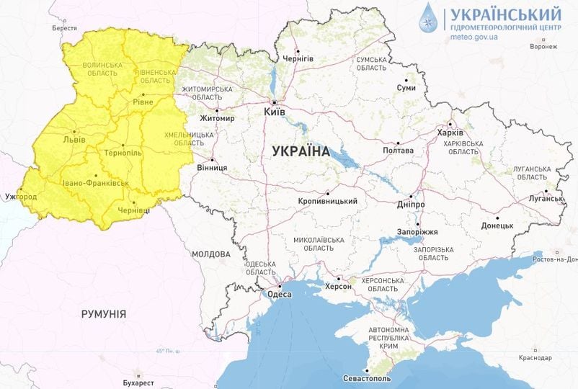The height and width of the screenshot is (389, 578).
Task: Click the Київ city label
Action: click(x=275, y=112)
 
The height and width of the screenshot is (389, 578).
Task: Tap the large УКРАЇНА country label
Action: click(x=301, y=152)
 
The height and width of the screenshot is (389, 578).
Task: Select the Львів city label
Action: click(x=74, y=139)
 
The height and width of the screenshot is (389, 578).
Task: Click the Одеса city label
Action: click(x=279, y=294)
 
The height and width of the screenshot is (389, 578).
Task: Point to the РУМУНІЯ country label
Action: click(x=104, y=314)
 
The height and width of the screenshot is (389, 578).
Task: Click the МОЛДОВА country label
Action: click(x=211, y=254)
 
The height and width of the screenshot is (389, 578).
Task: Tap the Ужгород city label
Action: click(x=20, y=197)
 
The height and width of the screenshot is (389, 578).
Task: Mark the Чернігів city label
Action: click(x=298, y=58)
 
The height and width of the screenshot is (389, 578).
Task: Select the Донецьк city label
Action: click(x=497, y=225)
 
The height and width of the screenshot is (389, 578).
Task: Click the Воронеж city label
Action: click(x=543, y=47)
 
